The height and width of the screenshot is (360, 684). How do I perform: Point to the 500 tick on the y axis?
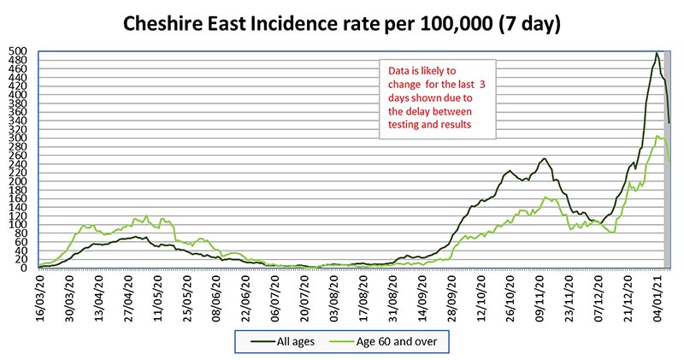click(19, 51)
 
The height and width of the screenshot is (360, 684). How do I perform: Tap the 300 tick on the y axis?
click(19, 138)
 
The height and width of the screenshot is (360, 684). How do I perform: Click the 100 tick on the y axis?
click(19, 224)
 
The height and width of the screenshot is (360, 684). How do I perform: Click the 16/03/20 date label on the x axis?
click(39, 296)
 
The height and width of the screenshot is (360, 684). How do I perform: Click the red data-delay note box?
click(436, 99)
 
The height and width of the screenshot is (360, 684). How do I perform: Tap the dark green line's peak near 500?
click(656, 53)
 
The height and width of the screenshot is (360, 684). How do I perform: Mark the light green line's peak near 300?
click(657, 136)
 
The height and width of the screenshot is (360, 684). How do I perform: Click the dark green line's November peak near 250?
click(543, 159)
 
